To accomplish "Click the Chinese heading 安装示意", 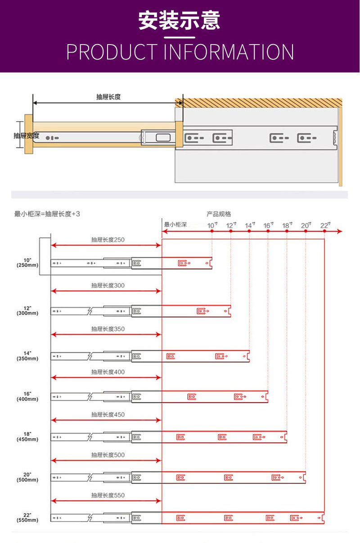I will point(179,21).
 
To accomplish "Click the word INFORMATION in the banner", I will point(229,52).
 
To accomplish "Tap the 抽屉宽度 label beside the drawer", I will point(27,135).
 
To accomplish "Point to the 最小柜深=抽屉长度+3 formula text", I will point(47,214).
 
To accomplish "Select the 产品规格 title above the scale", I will point(219,214).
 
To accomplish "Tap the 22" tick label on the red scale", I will point(325,225).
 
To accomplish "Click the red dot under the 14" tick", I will point(249,231).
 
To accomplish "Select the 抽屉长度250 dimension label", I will point(108,240).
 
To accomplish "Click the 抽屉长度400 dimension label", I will point(108,372).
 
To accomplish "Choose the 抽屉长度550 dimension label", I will point(108,495).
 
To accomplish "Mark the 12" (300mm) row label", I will point(27,310).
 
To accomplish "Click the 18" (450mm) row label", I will point(27,436).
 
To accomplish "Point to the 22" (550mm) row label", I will point(27,517).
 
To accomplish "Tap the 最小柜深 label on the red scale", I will point(175,224).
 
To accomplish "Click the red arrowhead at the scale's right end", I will point(340,231).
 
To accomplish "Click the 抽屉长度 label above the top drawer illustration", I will point(108,97).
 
